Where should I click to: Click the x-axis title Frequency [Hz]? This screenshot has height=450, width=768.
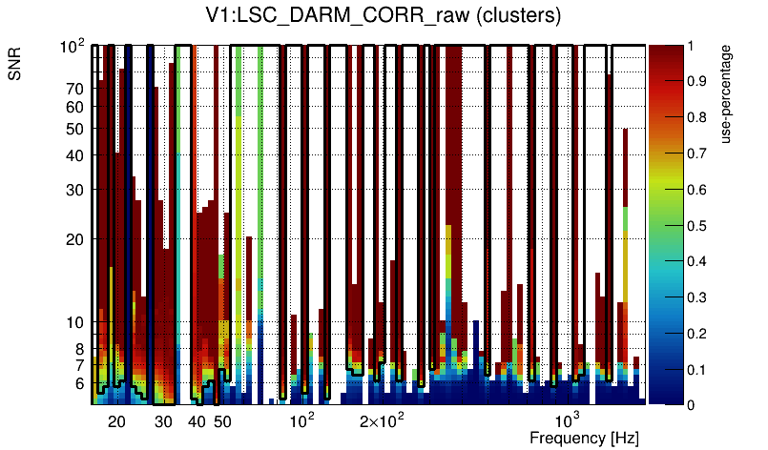pos(584,438)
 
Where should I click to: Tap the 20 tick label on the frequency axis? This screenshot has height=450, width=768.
pos(116,421)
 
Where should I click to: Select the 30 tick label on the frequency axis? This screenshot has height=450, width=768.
pos(163,421)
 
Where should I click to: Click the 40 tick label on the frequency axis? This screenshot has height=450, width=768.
pos(197,421)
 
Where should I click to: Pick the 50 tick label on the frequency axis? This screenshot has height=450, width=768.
pos(222,421)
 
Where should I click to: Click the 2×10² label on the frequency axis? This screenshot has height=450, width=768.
pos(382,420)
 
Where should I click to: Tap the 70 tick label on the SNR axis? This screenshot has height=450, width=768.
pos(74,89)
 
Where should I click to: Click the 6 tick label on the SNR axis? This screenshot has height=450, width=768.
pos(79,384)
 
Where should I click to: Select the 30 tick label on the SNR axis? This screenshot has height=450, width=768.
pos(74,190)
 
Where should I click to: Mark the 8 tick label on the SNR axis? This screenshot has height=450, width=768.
pos(79,349)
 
